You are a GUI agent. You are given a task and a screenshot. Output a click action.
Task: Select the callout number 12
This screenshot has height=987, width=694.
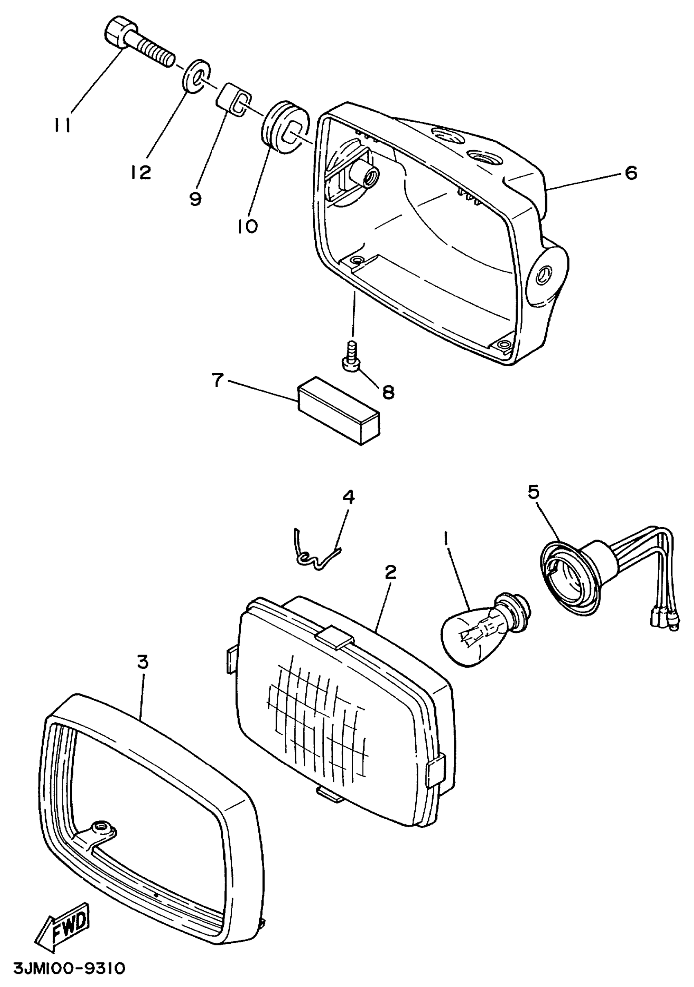(x=141, y=173)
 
